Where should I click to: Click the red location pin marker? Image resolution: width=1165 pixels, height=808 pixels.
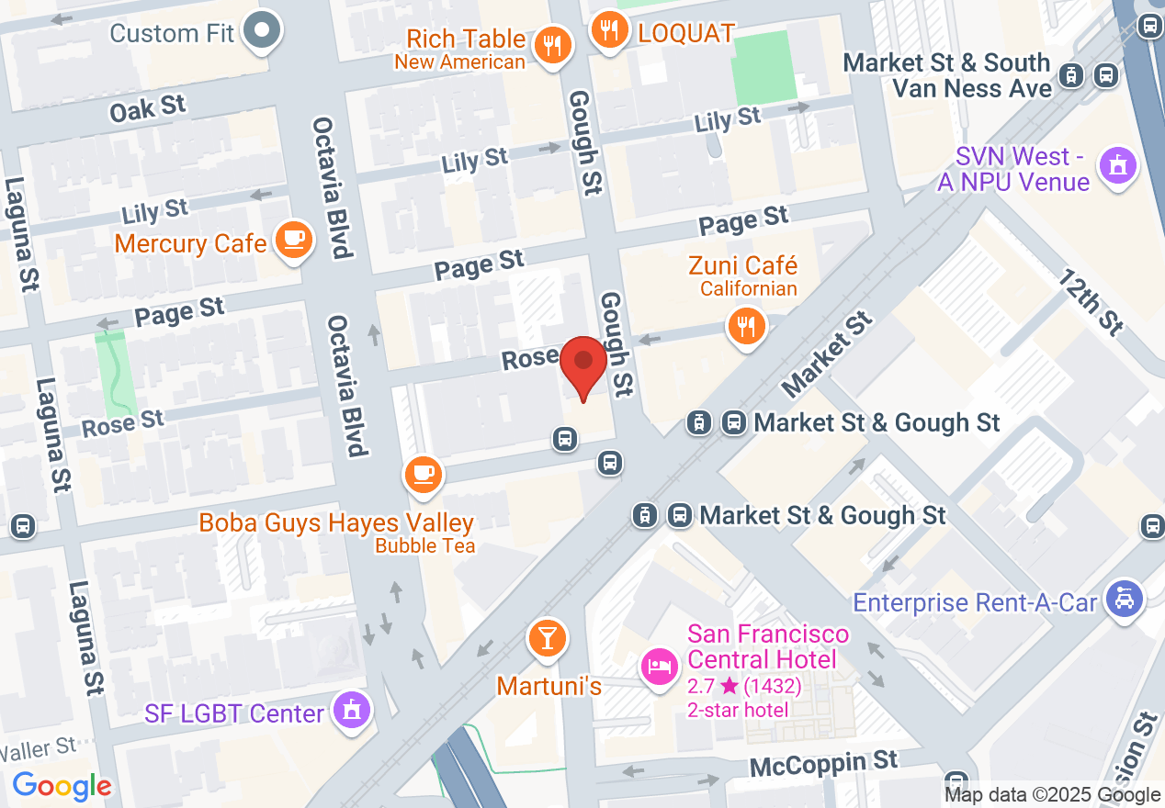[582, 365]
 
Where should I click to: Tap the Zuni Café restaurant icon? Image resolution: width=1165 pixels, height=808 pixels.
[746, 325]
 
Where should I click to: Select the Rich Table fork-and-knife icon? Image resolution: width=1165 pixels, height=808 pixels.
[552, 43]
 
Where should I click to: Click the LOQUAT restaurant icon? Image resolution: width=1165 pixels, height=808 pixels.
[608, 29]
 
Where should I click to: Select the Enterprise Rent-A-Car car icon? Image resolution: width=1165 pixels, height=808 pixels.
[1124, 600]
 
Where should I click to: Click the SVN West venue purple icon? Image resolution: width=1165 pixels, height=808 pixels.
[1118, 166]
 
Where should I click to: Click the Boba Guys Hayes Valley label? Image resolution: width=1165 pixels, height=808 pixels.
[336, 523]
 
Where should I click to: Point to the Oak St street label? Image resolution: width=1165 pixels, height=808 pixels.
[147, 108]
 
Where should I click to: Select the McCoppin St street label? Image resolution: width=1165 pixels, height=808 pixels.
[823, 762]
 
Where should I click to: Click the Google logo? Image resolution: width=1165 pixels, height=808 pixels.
[62, 786]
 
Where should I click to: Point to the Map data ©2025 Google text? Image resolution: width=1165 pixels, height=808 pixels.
[1052, 795]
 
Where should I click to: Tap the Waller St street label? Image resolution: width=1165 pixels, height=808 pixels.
[38, 747]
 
